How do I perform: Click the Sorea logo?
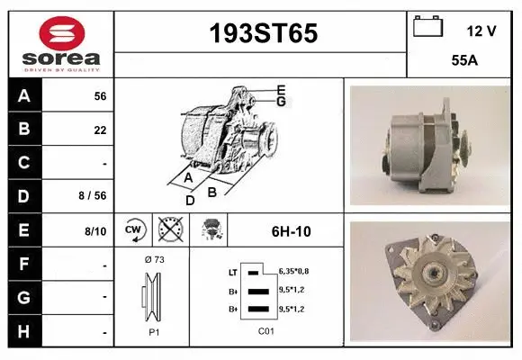tap(61, 43)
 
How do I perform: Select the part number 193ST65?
tap(263, 34)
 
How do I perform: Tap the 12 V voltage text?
tap(481, 31)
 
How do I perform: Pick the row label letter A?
tap(24, 96)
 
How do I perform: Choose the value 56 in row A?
tap(100, 96)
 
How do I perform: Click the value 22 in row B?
tap(100, 130)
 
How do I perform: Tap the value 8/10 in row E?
tap(95, 231)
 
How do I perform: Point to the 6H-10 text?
tap(291, 231)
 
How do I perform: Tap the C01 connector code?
tap(265, 331)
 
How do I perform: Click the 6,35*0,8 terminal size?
tap(293, 270)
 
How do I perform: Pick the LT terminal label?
tap(232, 271)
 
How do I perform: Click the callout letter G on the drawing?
tap(281, 101)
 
